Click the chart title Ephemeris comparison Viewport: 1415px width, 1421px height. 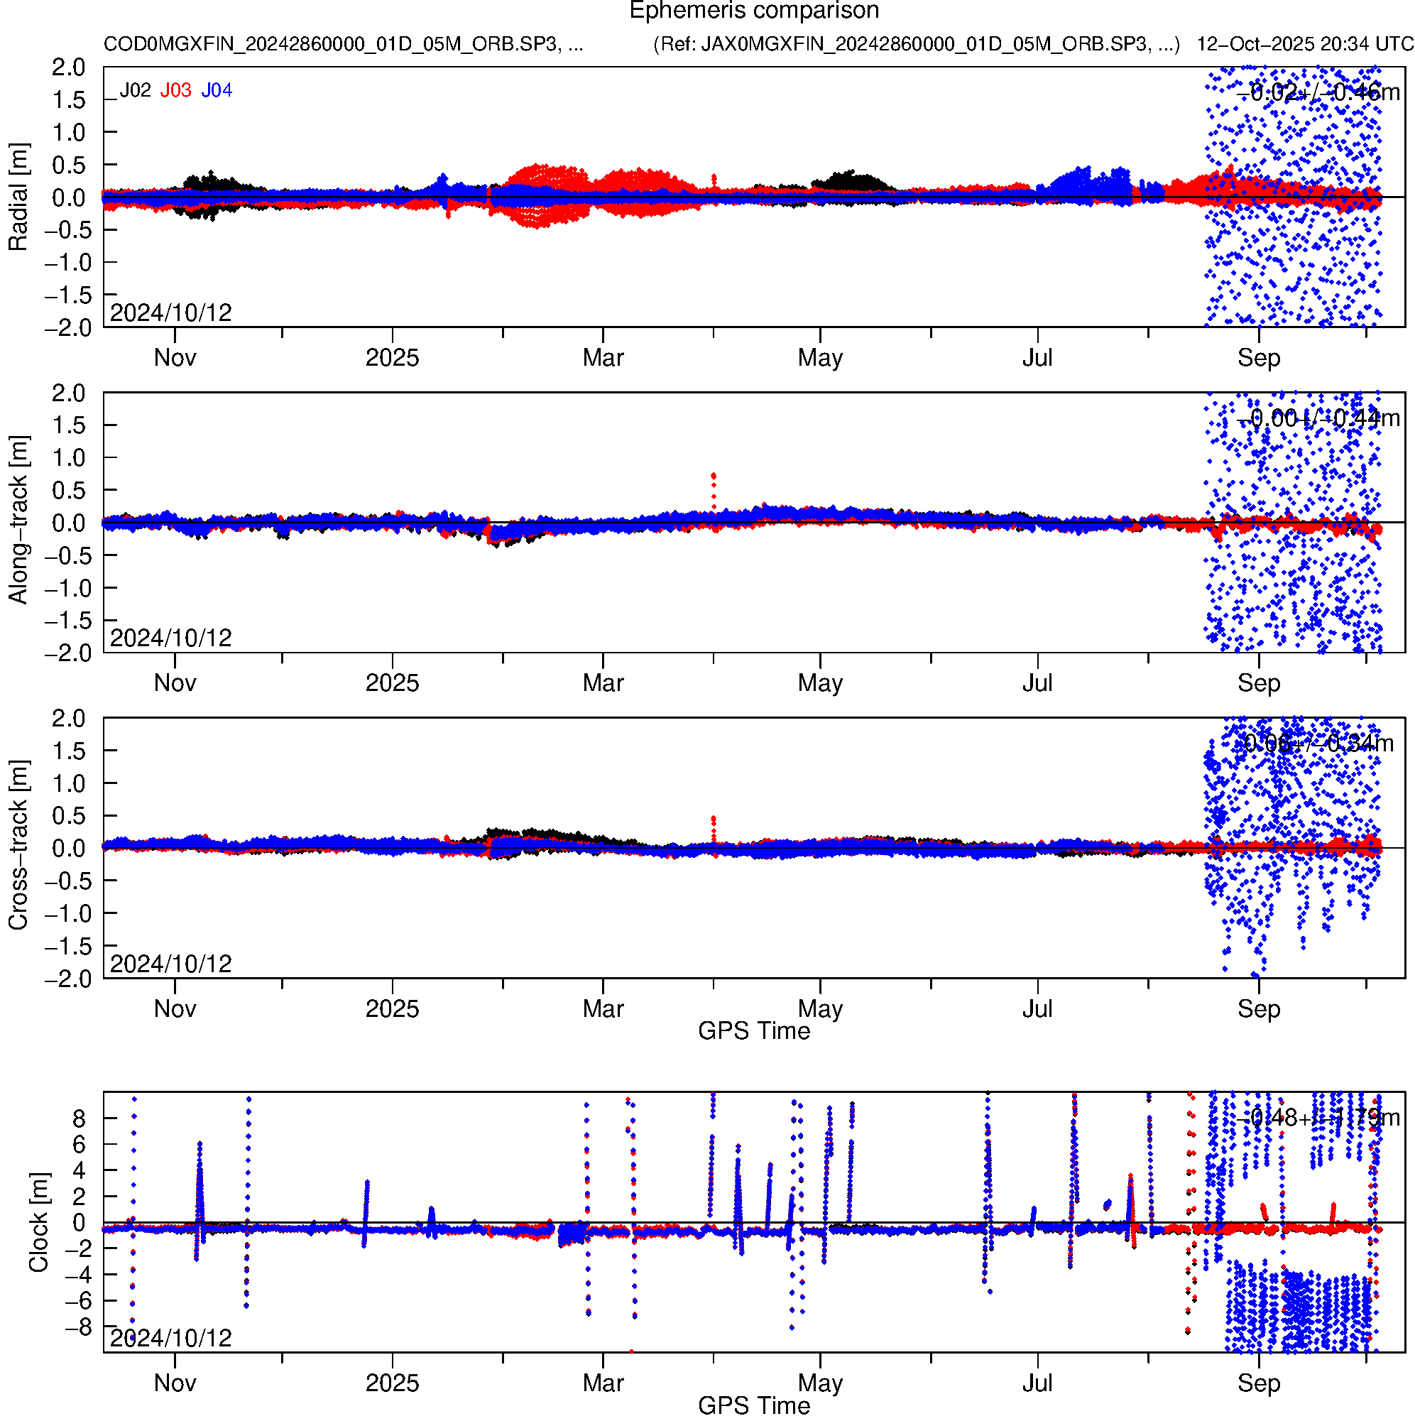pyautogui.click(x=754, y=11)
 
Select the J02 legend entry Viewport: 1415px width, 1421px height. pyautogui.click(x=136, y=90)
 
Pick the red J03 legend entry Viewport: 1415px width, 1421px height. pyautogui.click(x=176, y=90)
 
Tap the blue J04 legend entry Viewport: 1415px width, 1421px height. pyautogui.click(x=217, y=90)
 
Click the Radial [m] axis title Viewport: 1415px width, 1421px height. pyautogui.click(x=18, y=197)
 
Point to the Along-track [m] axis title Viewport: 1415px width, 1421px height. pyautogui.click(x=18, y=520)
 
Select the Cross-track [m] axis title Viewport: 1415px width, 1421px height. pyautogui.click(x=18, y=845)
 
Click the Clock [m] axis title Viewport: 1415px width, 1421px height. pyautogui.click(x=38, y=1222)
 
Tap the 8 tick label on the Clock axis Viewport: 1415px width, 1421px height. pyautogui.click(x=79, y=1119)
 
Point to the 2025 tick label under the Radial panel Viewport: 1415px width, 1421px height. pyautogui.click(x=392, y=358)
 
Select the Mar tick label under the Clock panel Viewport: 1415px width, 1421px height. pyautogui.click(x=603, y=1383)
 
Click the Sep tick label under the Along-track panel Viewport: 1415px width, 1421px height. pyautogui.click(x=1258, y=683)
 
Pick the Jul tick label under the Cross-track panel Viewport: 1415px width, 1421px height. pyautogui.click(x=1037, y=1008)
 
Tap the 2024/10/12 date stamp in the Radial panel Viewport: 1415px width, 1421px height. pyautogui.click(x=170, y=313)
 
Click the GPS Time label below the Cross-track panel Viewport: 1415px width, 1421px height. pyautogui.click(x=754, y=1031)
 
